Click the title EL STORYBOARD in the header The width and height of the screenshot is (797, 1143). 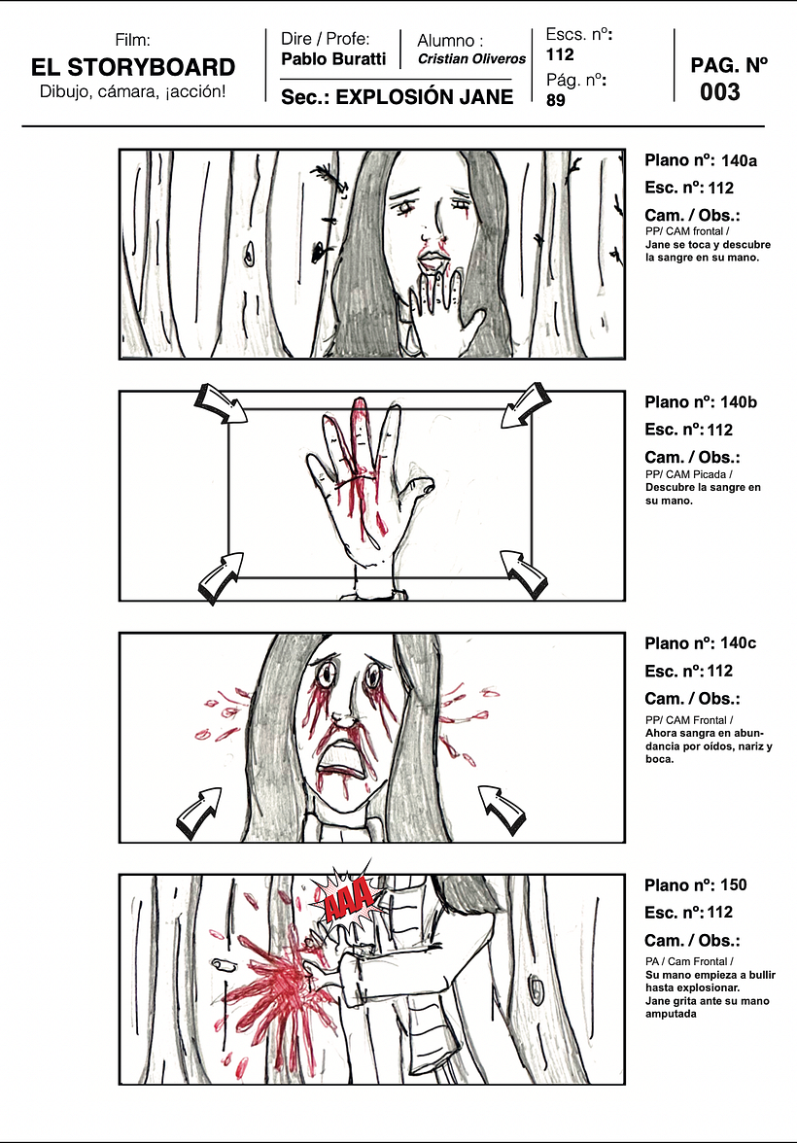[x=133, y=67]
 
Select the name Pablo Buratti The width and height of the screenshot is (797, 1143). [x=332, y=59]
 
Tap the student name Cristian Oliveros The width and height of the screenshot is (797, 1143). [x=471, y=59]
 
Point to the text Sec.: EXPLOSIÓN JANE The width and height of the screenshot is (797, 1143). [x=397, y=97]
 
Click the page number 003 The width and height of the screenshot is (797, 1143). [x=719, y=93]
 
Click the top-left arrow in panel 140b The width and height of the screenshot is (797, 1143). [x=223, y=403]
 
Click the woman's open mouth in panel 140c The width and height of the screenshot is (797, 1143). [x=344, y=757]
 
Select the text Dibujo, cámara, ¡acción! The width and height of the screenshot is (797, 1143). [x=133, y=92]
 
